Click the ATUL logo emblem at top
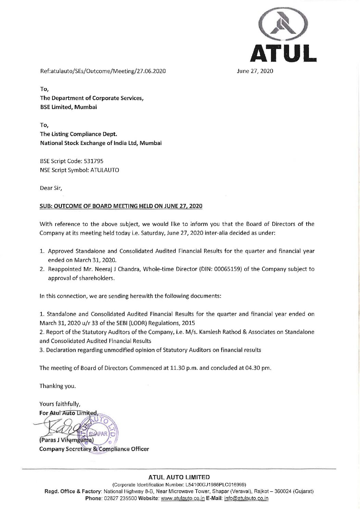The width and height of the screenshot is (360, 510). coord(283,26)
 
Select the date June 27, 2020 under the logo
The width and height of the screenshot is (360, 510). coord(255,72)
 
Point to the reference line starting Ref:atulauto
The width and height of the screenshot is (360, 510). coord(103,72)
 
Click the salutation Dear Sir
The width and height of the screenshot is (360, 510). coord(51,188)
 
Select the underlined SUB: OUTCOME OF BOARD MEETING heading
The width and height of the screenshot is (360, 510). coord(121,206)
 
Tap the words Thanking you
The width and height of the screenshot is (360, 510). coord(58,386)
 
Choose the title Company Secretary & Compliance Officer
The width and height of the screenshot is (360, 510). coord(94,449)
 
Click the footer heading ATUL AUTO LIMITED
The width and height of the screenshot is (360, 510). coord(179,477)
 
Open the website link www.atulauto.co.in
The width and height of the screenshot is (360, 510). coord(182,498)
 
